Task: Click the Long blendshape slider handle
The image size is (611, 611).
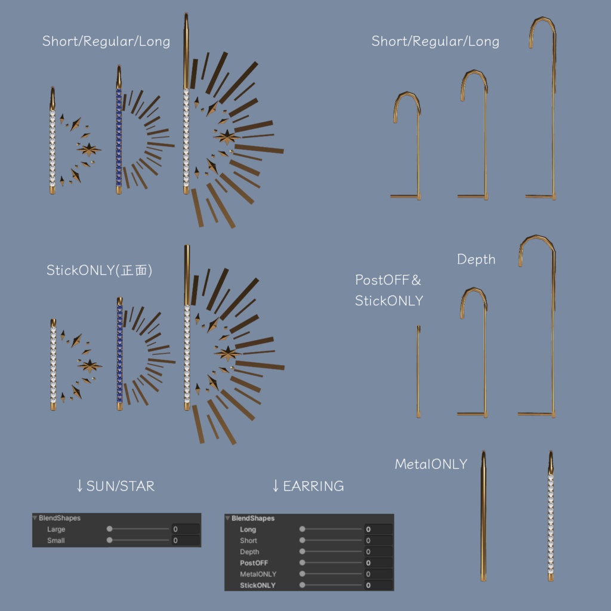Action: [302, 529]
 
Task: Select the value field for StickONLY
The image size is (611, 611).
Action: [378, 585]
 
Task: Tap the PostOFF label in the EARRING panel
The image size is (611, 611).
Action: [254, 563]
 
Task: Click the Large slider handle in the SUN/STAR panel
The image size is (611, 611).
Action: [110, 529]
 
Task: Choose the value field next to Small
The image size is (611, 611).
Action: [186, 540]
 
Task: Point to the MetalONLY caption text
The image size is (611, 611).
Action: [431, 464]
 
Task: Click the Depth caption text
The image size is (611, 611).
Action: [476, 260]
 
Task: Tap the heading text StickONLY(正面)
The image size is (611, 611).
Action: [100, 270]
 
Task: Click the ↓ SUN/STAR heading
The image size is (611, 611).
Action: [115, 486]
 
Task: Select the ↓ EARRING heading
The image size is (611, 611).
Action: [308, 486]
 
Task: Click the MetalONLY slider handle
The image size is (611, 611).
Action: [302, 573]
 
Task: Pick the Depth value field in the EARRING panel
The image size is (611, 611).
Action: [378, 551]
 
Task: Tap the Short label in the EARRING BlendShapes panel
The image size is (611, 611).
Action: [248, 541]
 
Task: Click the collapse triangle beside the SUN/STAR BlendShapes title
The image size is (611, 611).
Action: [35, 518]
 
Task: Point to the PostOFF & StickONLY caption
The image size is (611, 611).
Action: [388, 291]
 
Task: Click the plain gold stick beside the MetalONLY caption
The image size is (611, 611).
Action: [483, 516]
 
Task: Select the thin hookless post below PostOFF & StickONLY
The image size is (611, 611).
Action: [418, 371]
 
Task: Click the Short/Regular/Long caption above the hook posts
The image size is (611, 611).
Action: [435, 41]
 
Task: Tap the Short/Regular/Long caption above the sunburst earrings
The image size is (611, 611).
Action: [106, 41]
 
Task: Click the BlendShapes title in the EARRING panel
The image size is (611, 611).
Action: [253, 519]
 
